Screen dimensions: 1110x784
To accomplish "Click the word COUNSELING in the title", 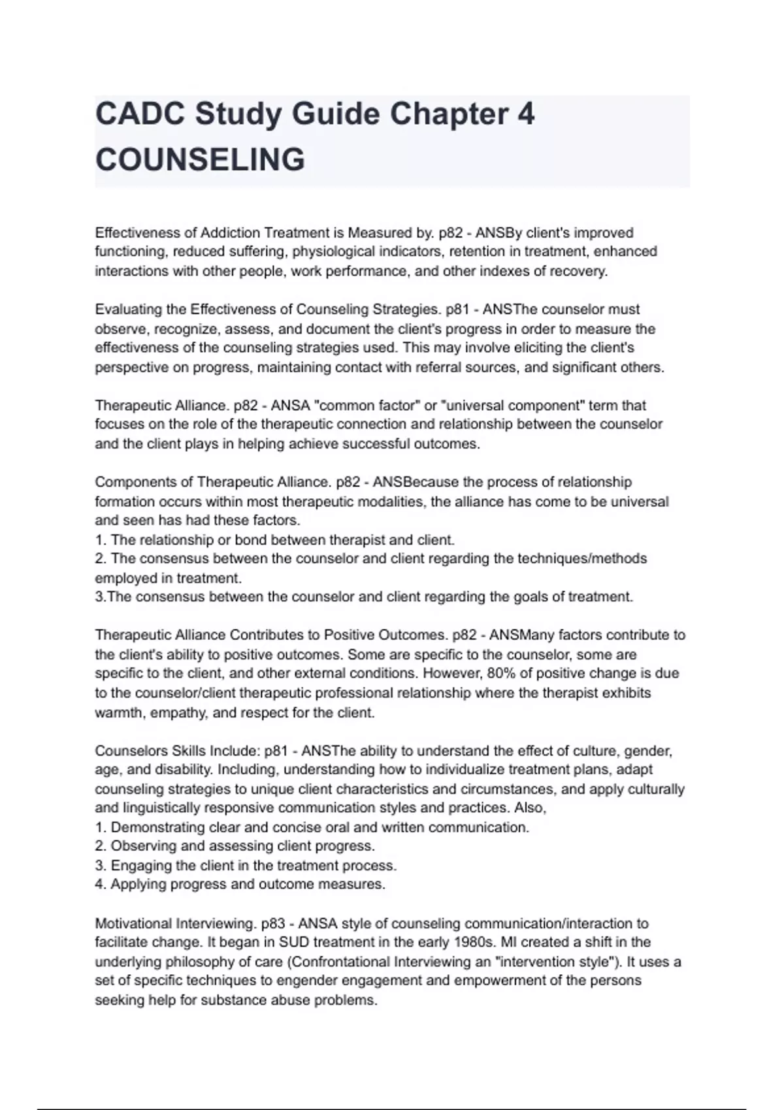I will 200,160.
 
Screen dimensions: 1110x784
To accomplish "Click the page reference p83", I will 274,923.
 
